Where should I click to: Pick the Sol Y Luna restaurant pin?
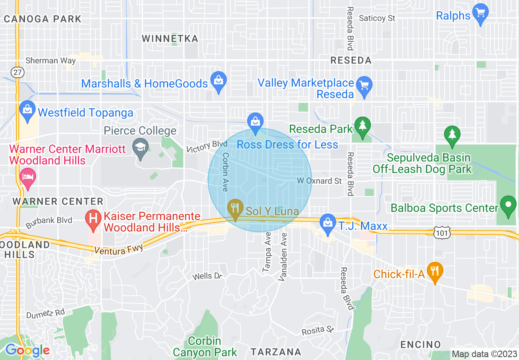tap(235, 209)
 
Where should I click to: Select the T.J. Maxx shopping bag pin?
tap(327, 223)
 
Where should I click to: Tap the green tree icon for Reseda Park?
tap(362, 127)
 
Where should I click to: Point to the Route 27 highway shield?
tap(18, 72)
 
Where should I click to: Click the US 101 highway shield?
tap(443, 232)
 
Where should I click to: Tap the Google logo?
tap(27, 350)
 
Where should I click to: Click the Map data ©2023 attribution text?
tap(484, 354)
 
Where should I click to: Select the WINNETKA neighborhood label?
tap(170, 39)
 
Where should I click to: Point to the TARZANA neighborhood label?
tap(276, 352)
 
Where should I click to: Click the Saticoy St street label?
tap(377, 18)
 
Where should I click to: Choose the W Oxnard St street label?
tap(319, 181)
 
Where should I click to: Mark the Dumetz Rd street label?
tap(45, 314)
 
